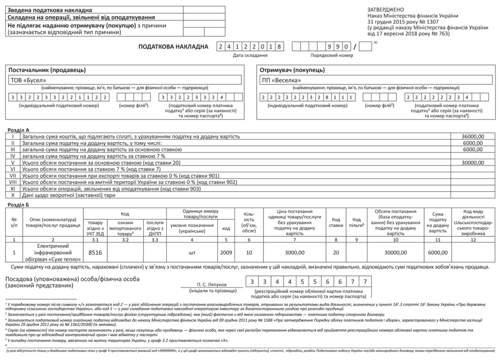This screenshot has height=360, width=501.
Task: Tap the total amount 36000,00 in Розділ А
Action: [473, 136]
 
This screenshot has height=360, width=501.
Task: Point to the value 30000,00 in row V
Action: [473, 162]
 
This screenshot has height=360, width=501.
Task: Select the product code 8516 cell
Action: [95, 252]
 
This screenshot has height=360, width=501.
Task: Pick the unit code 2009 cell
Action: [226, 252]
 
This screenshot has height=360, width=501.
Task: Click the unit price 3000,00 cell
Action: [294, 252]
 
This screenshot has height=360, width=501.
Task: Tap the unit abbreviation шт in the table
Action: [192, 252]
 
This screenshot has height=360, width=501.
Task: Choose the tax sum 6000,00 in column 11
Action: [437, 252]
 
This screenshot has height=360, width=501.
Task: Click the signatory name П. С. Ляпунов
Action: [211, 283]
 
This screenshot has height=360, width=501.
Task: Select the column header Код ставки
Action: [336, 222]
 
